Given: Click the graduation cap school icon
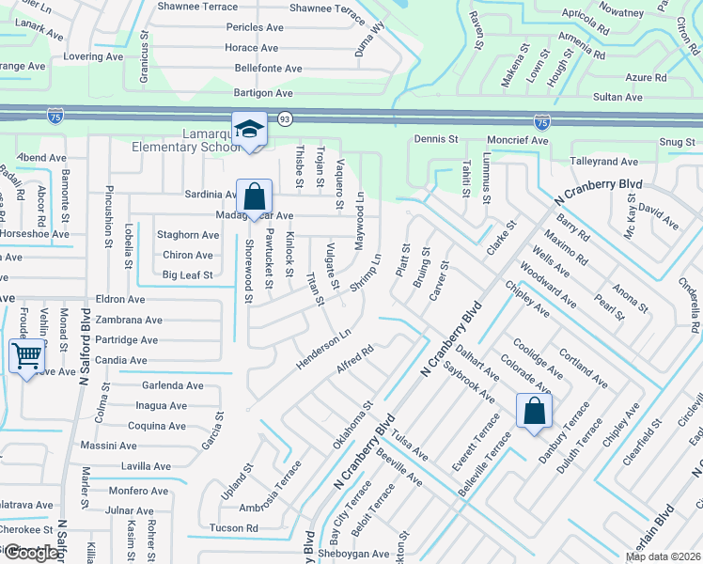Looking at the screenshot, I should pos(250,129).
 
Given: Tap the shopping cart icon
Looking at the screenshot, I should pos(27,355).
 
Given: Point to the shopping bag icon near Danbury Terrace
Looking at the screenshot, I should pos(534,410).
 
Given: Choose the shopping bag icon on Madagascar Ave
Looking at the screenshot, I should pos(254,197).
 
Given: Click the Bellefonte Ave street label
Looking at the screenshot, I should pos(268,69).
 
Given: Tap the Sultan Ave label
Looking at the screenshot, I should pos(617,97).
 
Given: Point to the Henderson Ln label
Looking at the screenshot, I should pos(319,349).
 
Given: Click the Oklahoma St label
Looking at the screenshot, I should pos(353,426).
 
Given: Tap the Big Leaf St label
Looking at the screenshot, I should pos(188,275).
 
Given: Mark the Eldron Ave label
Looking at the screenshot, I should pos(120,299).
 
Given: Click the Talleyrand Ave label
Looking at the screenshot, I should pos(604,162).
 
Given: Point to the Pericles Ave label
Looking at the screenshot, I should pos(254,27).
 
